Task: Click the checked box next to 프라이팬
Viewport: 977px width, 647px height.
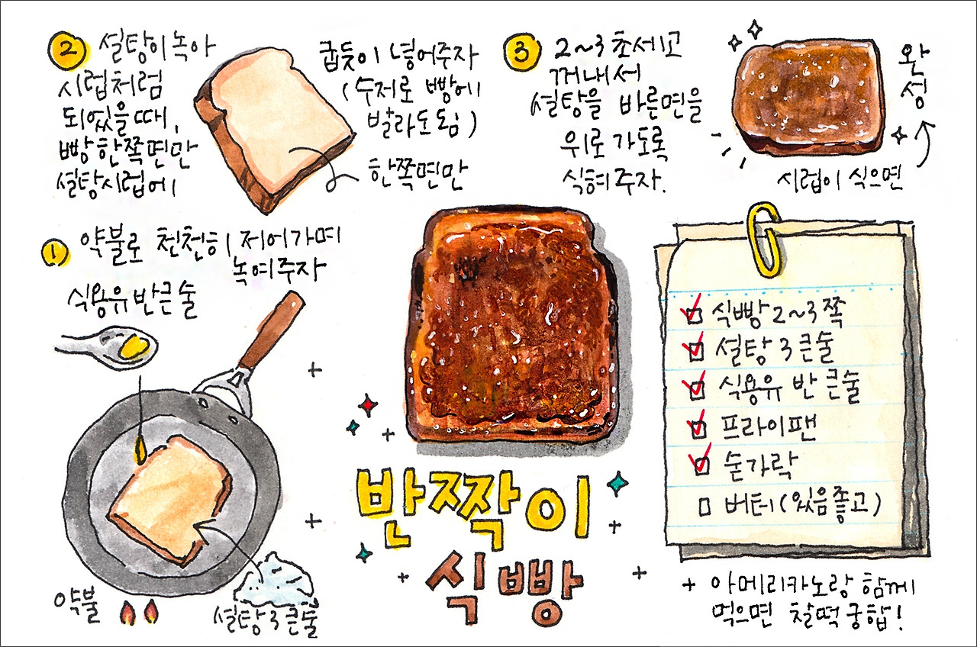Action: coord(697,428)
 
